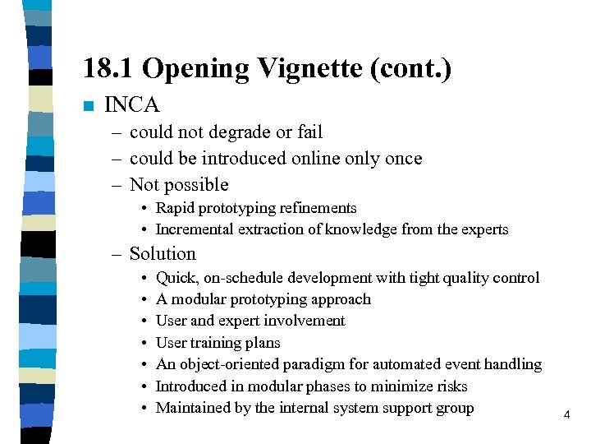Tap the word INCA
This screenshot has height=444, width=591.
pos(132,105)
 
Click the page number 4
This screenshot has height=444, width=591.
pos(566,415)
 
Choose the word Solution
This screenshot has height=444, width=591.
pos(163,254)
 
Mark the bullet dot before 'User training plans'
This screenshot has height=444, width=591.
pos(144,343)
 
